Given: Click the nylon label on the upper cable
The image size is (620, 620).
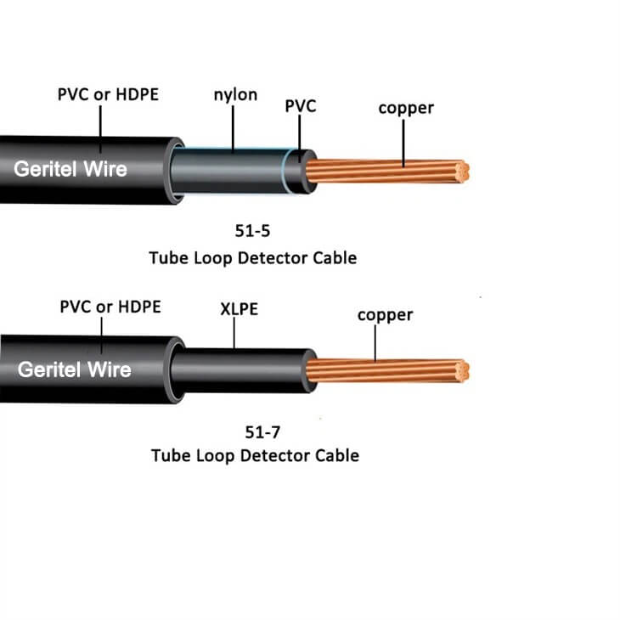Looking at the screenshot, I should pyautogui.click(x=234, y=94).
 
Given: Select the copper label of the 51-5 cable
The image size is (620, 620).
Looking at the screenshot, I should pyautogui.click(x=406, y=108).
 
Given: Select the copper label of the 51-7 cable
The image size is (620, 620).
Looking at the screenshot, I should pyautogui.click(x=385, y=315).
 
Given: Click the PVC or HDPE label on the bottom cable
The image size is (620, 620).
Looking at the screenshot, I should pyautogui.click(x=110, y=307).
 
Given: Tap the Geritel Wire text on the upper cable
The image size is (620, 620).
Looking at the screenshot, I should pyautogui.click(x=70, y=169).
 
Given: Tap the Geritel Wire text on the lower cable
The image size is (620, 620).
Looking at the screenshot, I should pyautogui.click(x=75, y=369).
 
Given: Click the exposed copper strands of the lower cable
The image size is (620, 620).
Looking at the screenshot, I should pyautogui.click(x=382, y=371).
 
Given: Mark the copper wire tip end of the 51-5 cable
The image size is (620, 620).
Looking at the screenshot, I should pyautogui.click(x=462, y=171).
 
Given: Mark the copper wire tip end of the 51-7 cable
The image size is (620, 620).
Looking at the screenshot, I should pyautogui.click(x=462, y=371).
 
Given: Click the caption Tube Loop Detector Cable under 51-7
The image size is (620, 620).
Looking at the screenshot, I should pyautogui.click(x=255, y=456).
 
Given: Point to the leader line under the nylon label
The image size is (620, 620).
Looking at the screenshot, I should pyautogui.click(x=234, y=127).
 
